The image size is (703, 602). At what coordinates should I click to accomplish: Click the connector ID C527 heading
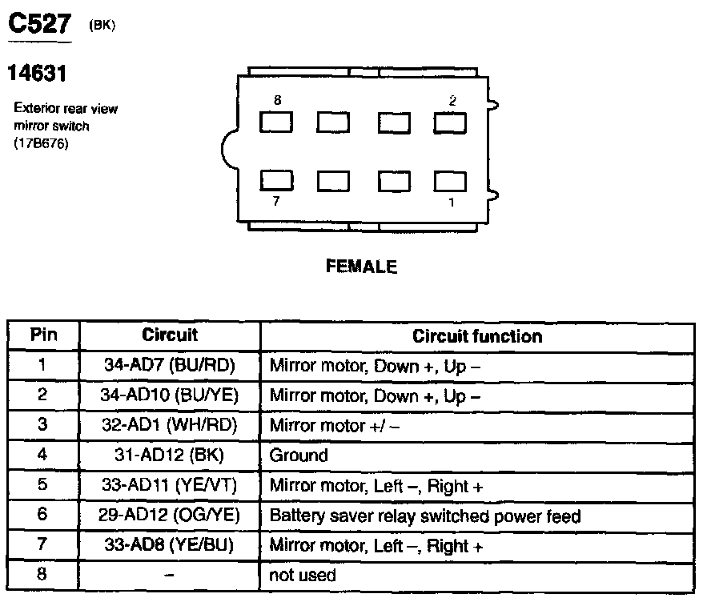(39, 26)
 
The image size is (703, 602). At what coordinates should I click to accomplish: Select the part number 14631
(36, 74)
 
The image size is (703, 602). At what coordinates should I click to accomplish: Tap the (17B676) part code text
(38, 142)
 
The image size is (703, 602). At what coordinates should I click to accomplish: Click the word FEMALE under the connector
(361, 267)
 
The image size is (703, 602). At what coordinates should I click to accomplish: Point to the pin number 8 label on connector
(277, 101)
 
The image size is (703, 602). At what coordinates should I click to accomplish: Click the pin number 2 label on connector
(452, 101)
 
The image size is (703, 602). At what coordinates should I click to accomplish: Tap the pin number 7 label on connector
(276, 201)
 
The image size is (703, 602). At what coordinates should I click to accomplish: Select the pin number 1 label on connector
(452, 202)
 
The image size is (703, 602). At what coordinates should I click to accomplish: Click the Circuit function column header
(477, 336)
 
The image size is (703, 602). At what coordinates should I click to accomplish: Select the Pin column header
(43, 335)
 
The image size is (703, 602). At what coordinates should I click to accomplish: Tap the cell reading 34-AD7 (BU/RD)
(170, 366)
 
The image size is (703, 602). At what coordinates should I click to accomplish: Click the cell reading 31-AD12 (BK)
(170, 456)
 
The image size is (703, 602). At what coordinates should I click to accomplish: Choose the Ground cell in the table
(299, 456)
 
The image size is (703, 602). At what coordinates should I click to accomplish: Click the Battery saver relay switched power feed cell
(424, 516)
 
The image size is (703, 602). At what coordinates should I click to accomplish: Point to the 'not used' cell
(303, 575)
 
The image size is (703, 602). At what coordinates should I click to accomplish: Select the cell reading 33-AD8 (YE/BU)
(170, 546)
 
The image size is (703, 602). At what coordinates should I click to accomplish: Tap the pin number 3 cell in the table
(43, 425)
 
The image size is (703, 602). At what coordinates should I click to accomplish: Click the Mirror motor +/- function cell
(334, 426)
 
